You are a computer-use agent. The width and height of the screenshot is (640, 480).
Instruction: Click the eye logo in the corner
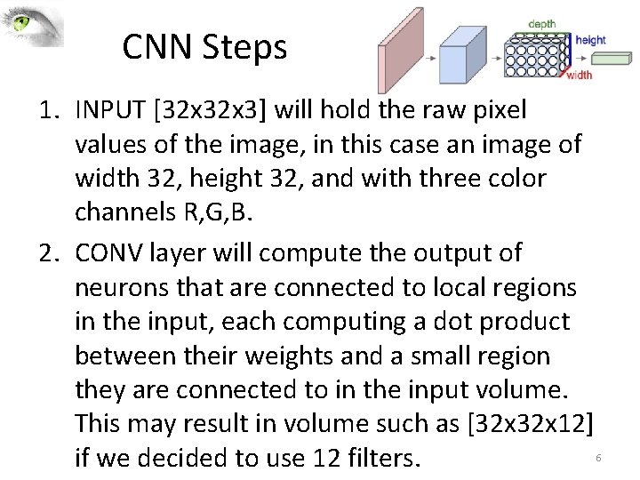point(32,25)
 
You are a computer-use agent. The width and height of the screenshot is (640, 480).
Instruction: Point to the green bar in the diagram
point(612,59)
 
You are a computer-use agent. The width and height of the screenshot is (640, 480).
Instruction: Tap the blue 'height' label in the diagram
point(590,40)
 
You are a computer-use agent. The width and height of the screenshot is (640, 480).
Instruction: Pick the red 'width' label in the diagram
point(579,75)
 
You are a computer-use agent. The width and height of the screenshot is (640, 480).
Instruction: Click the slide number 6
point(598,457)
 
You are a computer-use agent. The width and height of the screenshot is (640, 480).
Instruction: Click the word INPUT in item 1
point(105,110)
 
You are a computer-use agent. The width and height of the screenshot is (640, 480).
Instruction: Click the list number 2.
point(50,253)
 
